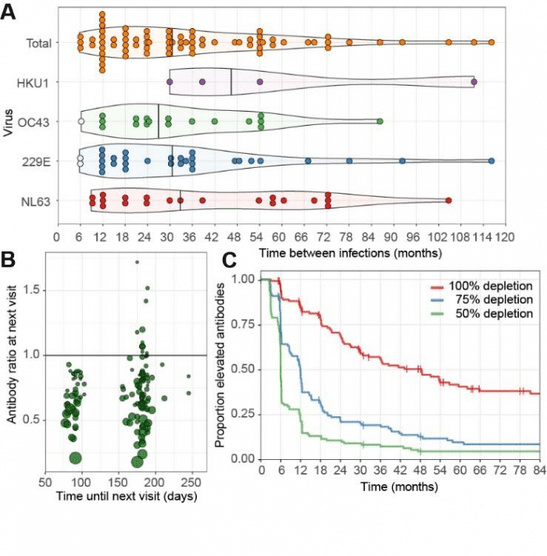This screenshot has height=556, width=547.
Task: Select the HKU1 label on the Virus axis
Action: click(x=38, y=81)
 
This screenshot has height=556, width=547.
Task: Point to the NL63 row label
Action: click(x=38, y=201)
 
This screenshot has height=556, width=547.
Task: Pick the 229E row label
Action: click(x=38, y=161)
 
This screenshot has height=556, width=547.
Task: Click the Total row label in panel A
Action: click(x=38, y=42)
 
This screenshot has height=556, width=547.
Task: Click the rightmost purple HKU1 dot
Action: click(x=474, y=81)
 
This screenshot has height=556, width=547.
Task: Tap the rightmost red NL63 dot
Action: click(x=449, y=201)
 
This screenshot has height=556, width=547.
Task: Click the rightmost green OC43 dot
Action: click(x=380, y=121)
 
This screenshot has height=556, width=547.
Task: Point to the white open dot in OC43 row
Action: click(x=80, y=122)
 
